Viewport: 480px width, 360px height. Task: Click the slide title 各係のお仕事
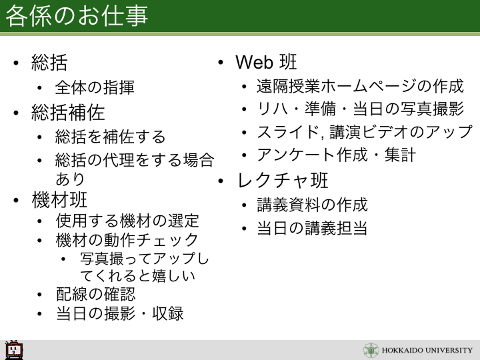tap(77, 15)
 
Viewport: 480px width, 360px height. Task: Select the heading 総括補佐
tap(68, 113)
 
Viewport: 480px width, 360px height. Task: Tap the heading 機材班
tap(59, 200)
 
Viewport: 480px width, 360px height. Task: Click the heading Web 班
tap(266, 62)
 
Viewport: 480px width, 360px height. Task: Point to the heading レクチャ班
tap(283, 180)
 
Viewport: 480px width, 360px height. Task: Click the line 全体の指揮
tap(95, 87)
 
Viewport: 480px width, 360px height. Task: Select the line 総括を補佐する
tap(110, 137)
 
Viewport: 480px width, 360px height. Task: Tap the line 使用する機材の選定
tap(127, 221)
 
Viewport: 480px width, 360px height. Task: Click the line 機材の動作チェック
tap(127, 240)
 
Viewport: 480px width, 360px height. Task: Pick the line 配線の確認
tap(95, 294)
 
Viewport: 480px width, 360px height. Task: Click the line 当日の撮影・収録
tap(120, 313)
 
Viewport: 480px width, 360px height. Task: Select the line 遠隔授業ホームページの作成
tap(360, 86)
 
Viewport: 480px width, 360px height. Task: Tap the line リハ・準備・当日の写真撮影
tap(360, 109)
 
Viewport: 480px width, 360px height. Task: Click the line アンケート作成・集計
tap(336, 155)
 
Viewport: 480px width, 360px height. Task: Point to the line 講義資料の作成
tap(312, 205)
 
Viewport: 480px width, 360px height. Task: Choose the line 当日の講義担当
tap(312, 228)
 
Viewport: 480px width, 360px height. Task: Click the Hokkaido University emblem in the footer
tap(371, 351)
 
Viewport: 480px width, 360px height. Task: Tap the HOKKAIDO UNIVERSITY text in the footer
tap(427, 350)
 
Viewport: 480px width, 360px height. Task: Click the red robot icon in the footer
tap(14, 349)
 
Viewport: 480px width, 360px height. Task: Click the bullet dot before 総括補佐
tap(16, 113)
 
